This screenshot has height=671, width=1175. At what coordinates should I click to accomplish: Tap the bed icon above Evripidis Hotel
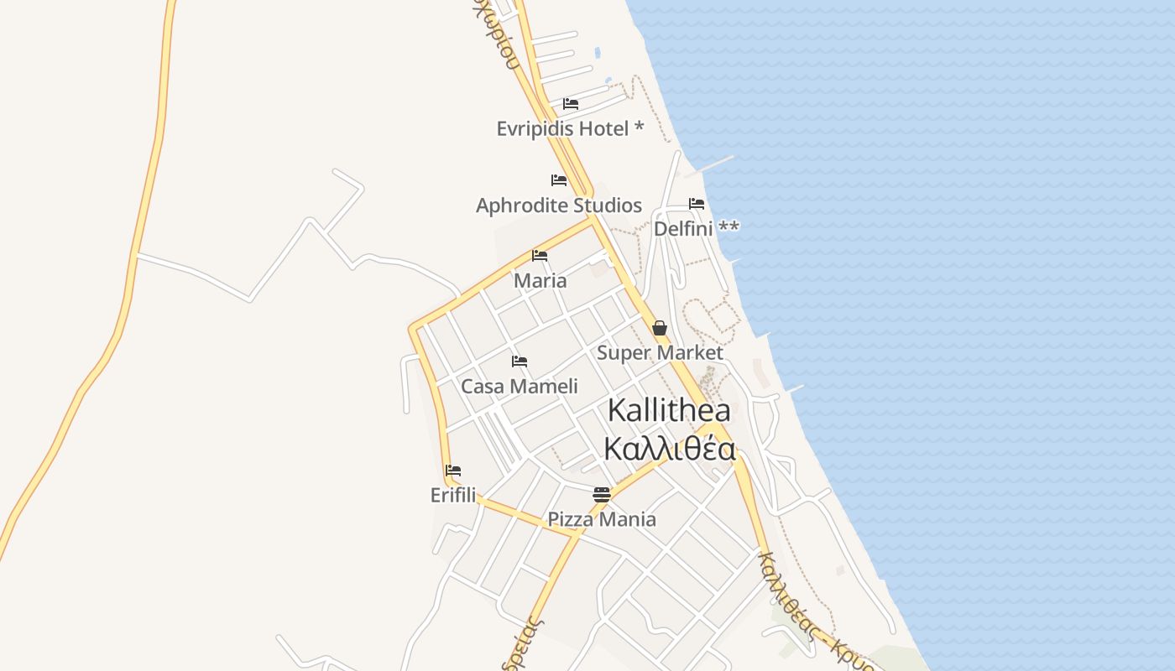pos(571,104)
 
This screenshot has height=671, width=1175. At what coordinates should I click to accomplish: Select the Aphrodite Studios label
pos(559,205)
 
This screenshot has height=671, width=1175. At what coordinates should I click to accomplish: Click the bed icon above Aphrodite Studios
pos(559,180)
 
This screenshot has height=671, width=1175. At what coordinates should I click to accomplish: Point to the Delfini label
pos(683,228)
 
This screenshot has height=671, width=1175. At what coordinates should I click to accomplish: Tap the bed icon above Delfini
pos(697,204)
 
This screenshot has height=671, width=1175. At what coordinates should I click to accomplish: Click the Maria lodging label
pos(540,281)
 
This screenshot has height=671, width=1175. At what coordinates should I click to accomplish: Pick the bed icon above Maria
pos(540,256)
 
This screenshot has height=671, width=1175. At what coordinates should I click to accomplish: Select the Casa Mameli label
pos(520,387)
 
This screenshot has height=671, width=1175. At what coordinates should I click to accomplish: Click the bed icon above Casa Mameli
pos(520,362)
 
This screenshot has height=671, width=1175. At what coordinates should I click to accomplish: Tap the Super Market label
pos(660,353)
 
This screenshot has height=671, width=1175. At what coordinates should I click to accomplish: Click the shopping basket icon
pos(660,328)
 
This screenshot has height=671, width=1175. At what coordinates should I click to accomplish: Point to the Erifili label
pos(453,496)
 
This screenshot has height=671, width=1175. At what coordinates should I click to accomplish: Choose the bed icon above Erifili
pos(453,471)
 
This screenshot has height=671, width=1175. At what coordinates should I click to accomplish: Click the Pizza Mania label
pos(602,519)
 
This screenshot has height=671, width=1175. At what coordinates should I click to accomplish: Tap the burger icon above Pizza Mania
pos(602,495)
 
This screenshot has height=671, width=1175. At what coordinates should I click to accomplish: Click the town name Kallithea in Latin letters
pos(669,411)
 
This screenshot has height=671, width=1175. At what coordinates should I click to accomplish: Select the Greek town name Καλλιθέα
pos(670,450)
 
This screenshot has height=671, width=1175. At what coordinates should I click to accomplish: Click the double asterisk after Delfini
pos(728,228)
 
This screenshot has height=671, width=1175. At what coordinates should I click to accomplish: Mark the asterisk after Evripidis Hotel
pos(639,127)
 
